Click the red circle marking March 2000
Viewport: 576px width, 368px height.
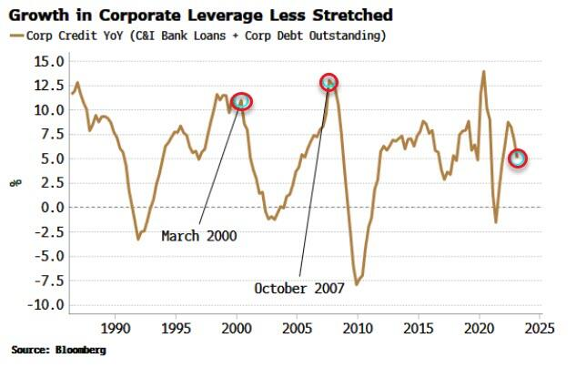241,102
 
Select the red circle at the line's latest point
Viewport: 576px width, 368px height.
518,158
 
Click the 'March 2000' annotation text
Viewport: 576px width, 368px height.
198,236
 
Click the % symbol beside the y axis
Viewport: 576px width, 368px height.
15,183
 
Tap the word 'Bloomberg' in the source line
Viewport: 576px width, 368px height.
80,350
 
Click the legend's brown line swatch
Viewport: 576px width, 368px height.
16,36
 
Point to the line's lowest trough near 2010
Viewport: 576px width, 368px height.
357,285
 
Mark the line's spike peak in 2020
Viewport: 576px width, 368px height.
483,71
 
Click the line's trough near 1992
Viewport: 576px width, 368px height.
138,239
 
